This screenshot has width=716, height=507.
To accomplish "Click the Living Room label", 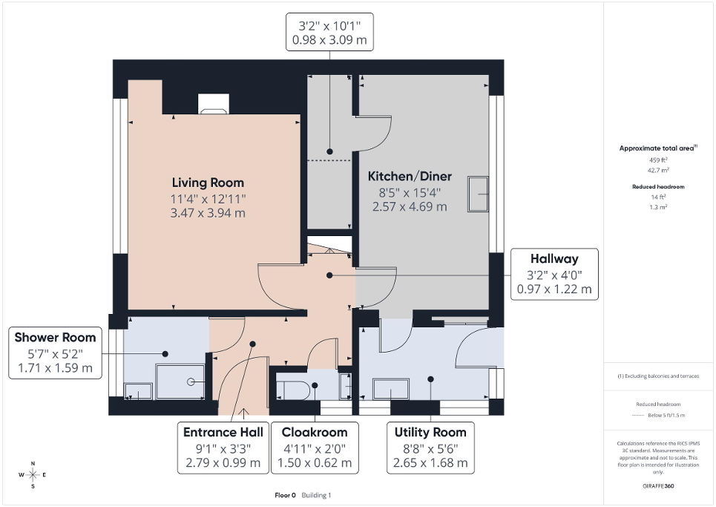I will pyautogui.click(x=208, y=183).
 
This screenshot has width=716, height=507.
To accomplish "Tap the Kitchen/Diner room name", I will pyautogui.click(x=410, y=177).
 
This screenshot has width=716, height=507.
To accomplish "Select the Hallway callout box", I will pyautogui.click(x=554, y=274).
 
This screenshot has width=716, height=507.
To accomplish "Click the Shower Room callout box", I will pyautogui.click(x=56, y=353).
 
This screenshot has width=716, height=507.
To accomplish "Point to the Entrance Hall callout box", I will pyautogui.click(x=223, y=447).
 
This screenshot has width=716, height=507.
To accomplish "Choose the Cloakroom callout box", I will pyautogui.click(x=315, y=447).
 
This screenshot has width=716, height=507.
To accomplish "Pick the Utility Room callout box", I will pyautogui.click(x=430, y=447).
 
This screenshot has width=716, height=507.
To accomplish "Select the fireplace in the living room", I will pyautogui.click(x=212, y=105).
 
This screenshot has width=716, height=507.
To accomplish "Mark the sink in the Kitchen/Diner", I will pyautogui.click(x=477, y=194).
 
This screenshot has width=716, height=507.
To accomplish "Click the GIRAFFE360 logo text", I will pyautogui.click(x=660, y=486).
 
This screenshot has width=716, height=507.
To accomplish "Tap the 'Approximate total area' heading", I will pyautogui.click(x=657, y=148).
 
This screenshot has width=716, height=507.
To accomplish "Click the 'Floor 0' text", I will pyautogui.click(x=285, y=495).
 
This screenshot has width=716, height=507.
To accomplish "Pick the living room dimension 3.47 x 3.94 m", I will pyautogui.click(x=208, y=212).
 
